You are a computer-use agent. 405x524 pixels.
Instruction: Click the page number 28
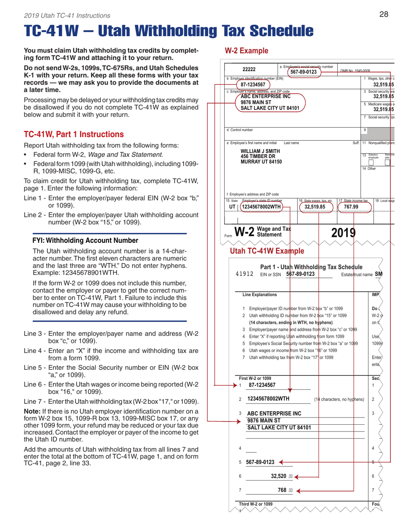tap(383, 15)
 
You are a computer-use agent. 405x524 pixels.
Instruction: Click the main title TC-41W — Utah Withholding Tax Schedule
tap(169, 31)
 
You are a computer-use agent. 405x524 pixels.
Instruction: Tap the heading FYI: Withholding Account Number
tap(85, 240)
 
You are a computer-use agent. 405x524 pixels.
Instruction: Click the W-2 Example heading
tap(246, 51)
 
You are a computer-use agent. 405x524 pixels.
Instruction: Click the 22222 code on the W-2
tap(249, 69)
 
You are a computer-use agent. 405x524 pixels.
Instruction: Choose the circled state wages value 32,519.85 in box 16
tap(315, 207)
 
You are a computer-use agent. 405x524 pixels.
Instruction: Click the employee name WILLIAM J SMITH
tap(260, 151)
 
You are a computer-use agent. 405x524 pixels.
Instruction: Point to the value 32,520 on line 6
tap(281, 476)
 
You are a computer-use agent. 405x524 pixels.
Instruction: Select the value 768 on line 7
tap(282, 490)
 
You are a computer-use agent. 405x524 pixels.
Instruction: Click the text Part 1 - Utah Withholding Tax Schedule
tap(311, 267)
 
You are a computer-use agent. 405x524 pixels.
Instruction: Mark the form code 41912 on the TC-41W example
tap(244, 274)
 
